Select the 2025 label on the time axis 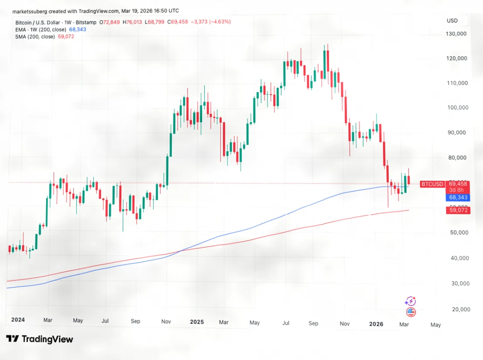click(x=197, y=322)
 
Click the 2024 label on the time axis click(x=18, y=319)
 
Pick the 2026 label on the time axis click(x=376, y=324)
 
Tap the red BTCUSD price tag click(x=432, y=184)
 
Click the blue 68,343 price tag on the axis click(x=458, y=198)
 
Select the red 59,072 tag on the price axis click(x=458, y=210)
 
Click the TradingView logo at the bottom click(x=40, y=339)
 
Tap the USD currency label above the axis click(x=452, y=21)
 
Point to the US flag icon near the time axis click(x=411, y=312)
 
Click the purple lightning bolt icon click(x=410, y=301)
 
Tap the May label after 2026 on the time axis click(x=435, y=325)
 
